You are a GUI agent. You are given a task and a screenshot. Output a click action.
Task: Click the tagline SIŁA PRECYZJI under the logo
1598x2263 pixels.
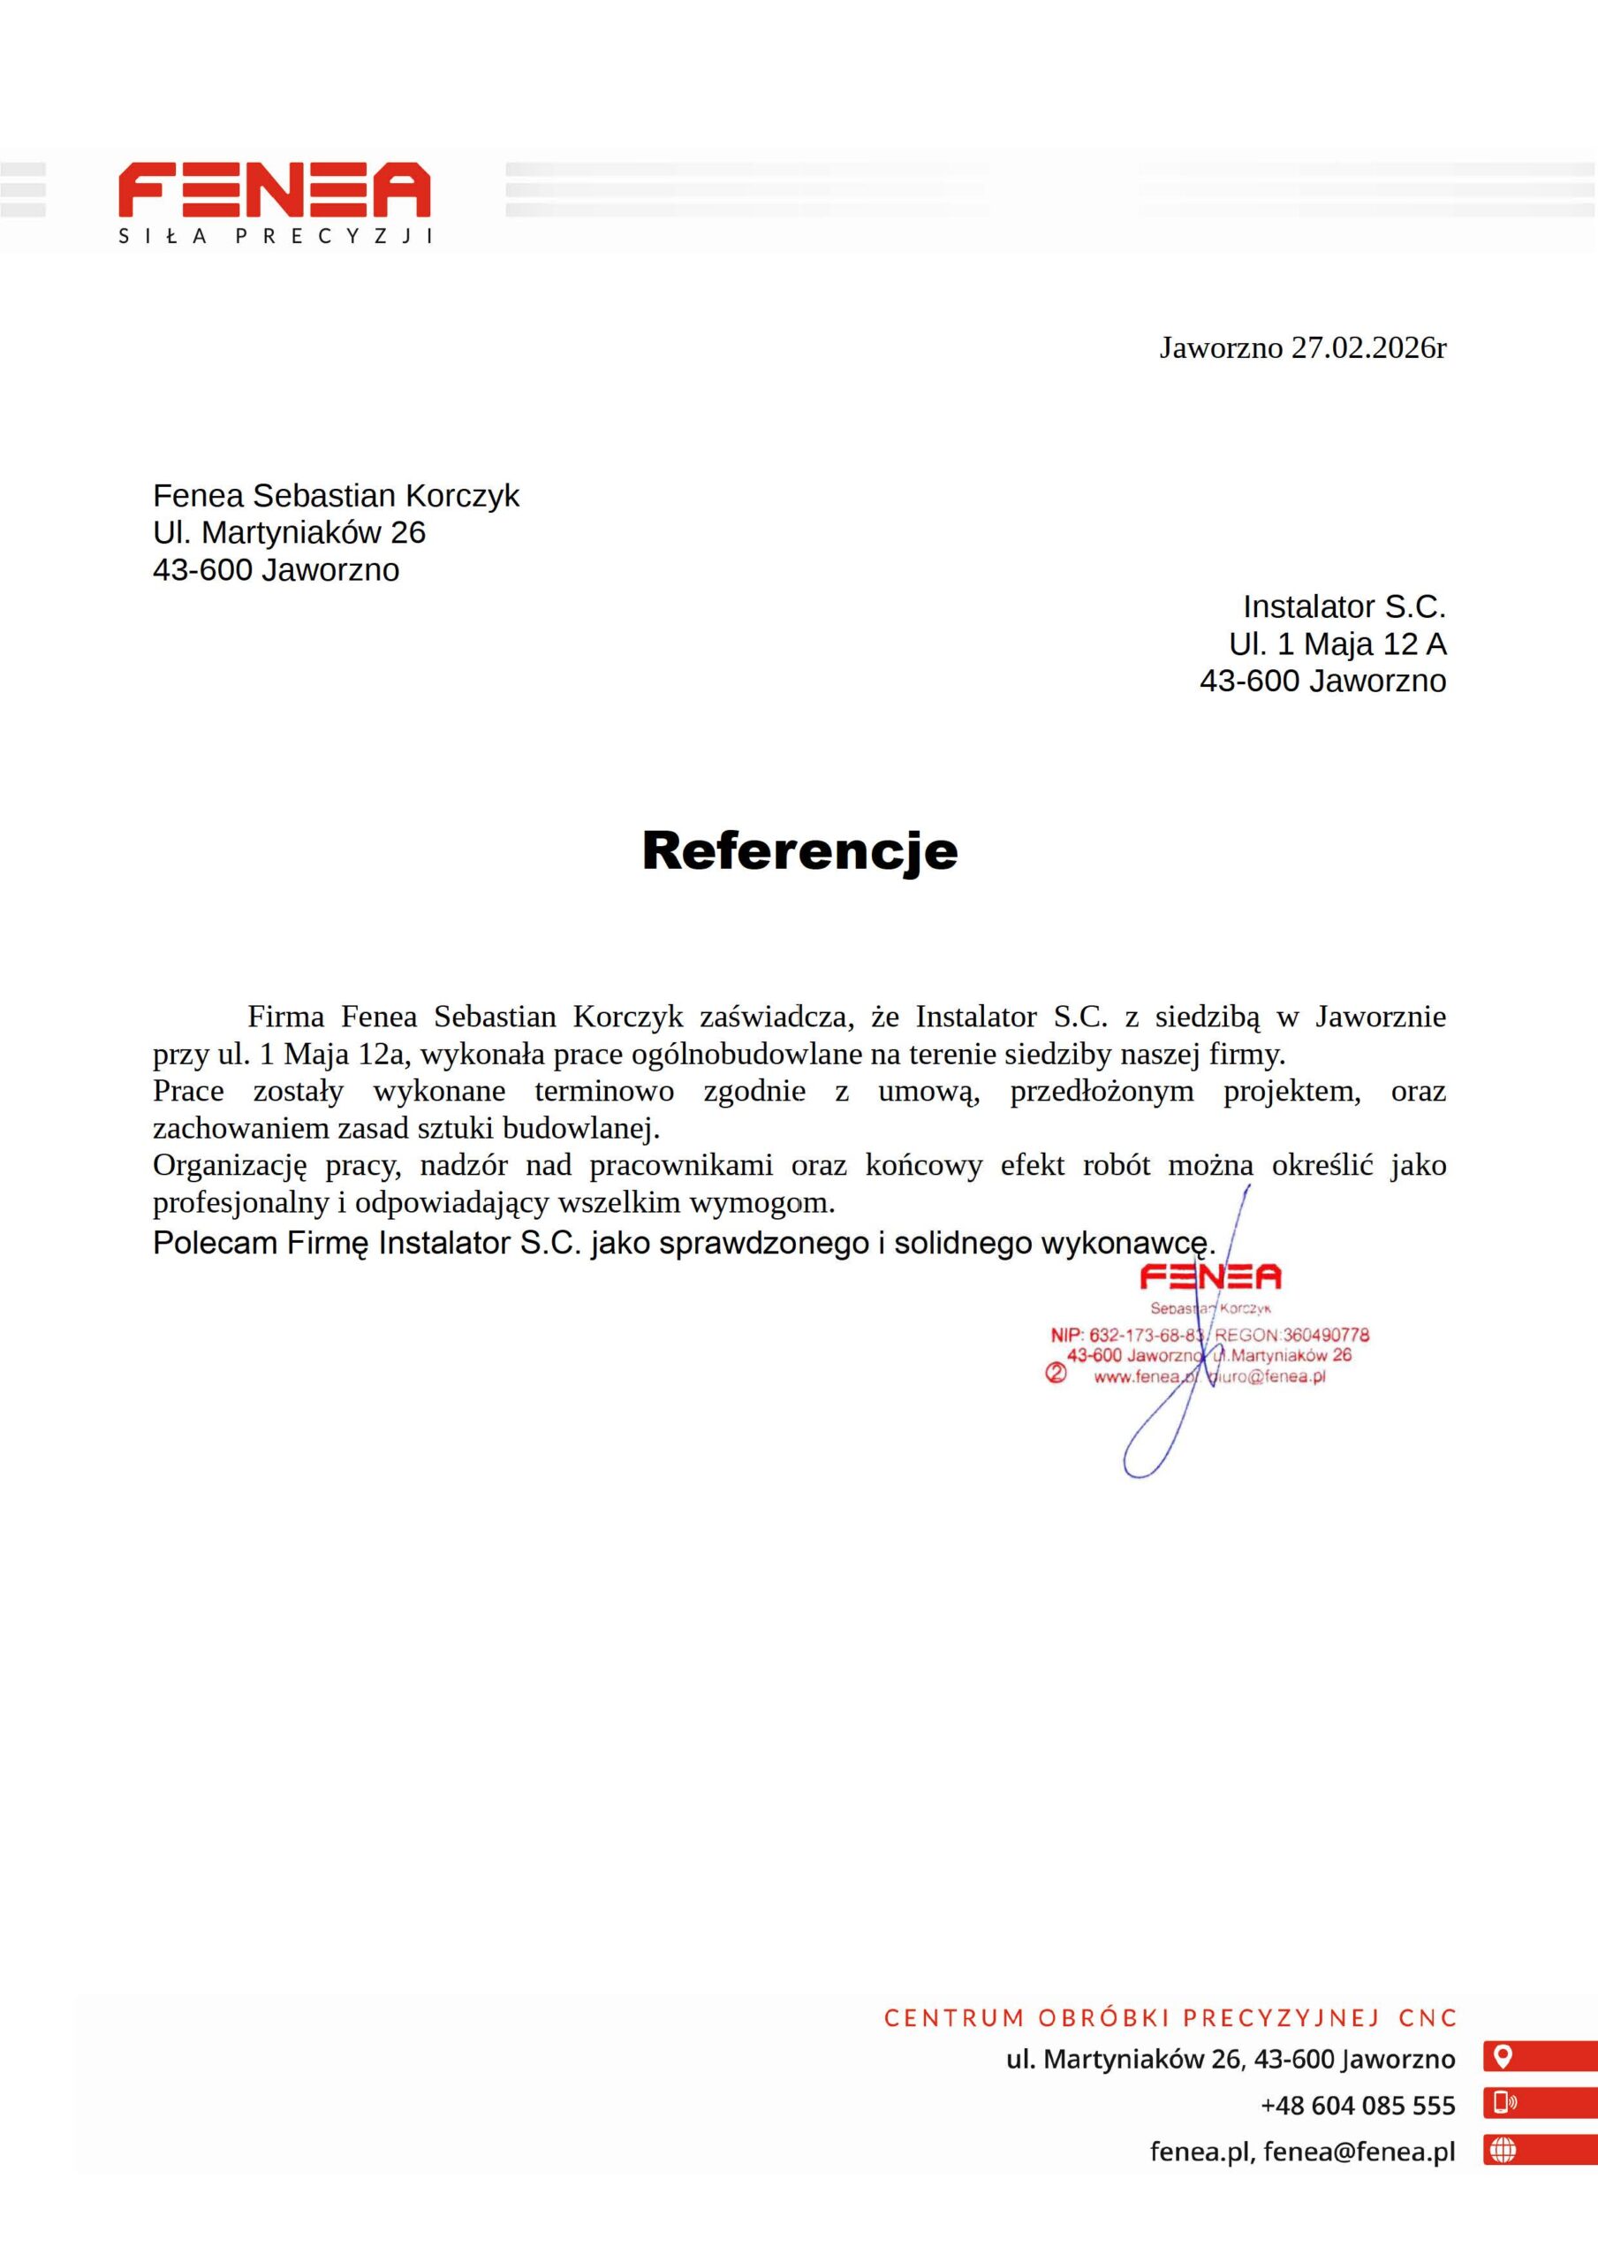tap(276, 237)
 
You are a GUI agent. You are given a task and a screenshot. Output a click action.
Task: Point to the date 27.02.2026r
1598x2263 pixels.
tap(1368, 348)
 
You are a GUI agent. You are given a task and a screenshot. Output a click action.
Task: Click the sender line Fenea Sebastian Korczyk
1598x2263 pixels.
tap(335, 495)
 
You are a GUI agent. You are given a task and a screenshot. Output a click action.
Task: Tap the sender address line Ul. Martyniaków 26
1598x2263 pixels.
tap(289, 532)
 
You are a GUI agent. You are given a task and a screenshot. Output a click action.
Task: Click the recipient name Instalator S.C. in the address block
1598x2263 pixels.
tap(1344, 606)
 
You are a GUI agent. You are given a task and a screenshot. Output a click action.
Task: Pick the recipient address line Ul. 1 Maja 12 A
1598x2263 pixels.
tap(1337, 644)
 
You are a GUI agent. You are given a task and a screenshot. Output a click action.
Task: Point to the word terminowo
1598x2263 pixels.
tap(604, 1091)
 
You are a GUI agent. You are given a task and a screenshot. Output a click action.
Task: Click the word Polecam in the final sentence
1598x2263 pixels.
tap(215, 1243)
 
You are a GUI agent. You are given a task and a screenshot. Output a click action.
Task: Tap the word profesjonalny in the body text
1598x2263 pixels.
tap(240, 1202)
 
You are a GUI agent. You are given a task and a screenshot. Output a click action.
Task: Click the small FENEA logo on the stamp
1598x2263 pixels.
tap(1210, 1277)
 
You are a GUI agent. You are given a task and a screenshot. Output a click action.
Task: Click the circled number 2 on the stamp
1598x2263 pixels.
tap(1055, 1373)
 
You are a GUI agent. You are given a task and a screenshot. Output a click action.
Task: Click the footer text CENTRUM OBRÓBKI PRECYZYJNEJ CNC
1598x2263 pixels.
tap(1170, 2017)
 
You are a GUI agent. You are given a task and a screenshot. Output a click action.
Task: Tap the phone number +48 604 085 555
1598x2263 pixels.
tap(1357, 2106)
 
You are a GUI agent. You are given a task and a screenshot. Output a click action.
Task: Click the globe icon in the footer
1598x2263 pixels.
tap(1503, 2150)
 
